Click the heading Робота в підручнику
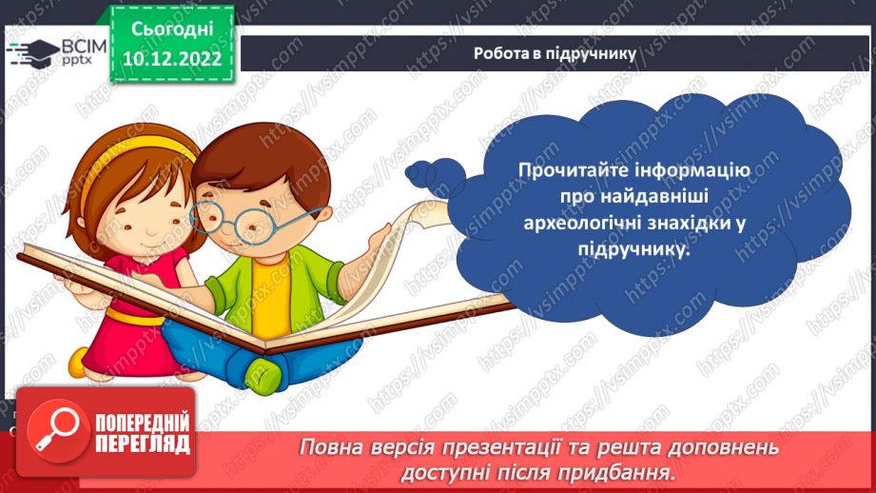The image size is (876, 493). click(x=555, y=53)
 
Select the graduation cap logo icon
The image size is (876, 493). click(x=33, y=53)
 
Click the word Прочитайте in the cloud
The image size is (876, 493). click(x=567, y=171)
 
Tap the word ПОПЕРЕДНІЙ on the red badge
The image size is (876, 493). click(x=143, y=423)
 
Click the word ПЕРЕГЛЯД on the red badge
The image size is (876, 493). click(x=143, y=444)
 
